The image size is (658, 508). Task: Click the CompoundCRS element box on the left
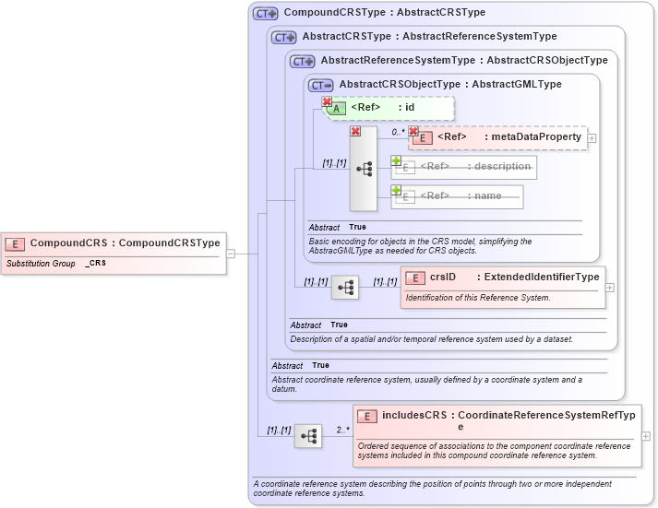(114, 243)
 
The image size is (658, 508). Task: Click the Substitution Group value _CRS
(95, 264)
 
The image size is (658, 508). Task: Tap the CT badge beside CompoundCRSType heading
(266, 14)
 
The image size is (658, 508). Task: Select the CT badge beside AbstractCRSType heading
(284, 37)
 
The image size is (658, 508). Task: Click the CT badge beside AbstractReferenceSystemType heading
(303, 61)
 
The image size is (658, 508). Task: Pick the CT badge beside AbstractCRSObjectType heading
(321, 85)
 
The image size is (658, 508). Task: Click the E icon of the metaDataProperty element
(423, 137)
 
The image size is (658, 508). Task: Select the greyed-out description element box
(464, 167)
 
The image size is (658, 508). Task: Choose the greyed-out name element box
(457, 196)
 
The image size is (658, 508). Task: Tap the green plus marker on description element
(396, 160)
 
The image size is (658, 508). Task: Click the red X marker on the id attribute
(327, 101)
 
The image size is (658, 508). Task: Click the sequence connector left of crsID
(345, 288)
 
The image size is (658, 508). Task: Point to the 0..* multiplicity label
(398, 132)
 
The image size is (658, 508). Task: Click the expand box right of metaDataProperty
(592, 138)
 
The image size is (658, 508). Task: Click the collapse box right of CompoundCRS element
(231, 254)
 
